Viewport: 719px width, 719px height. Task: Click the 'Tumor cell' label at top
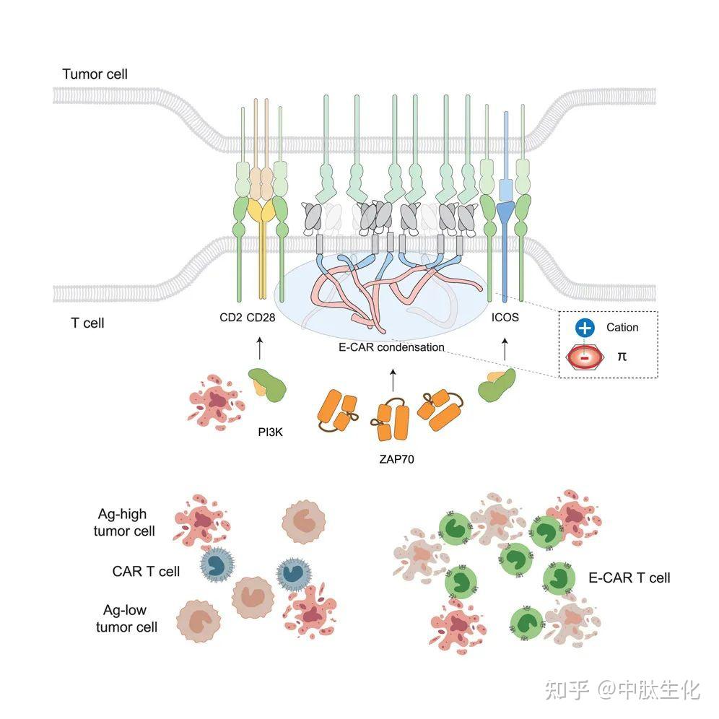pyautogui.click(x=95, y=74)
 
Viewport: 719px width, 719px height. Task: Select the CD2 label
pyautogui.click(x=230, y=317)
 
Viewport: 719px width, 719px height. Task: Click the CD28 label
pyautogui.click(x=261, y=317)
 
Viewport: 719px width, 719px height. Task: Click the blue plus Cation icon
pyautogui.click(x=584, y=328)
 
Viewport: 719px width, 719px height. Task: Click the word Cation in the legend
pyautogui.click(x=622, y=328)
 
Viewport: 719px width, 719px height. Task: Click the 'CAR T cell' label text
pyautogui.click(x=146, y=572)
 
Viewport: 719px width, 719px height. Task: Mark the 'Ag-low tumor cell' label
pyautogui.click(x=126, y=618)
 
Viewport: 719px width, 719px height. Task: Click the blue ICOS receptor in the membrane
pyautogui.click(x=506, y=217)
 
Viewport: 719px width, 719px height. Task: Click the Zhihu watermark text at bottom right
pyautogui.click(x=622, y=689)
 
